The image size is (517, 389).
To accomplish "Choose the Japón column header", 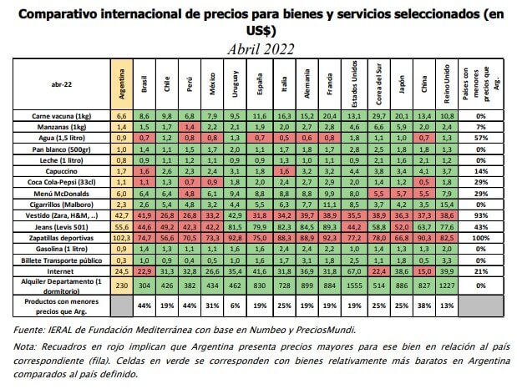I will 404,84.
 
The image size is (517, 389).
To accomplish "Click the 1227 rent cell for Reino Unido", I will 450,285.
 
